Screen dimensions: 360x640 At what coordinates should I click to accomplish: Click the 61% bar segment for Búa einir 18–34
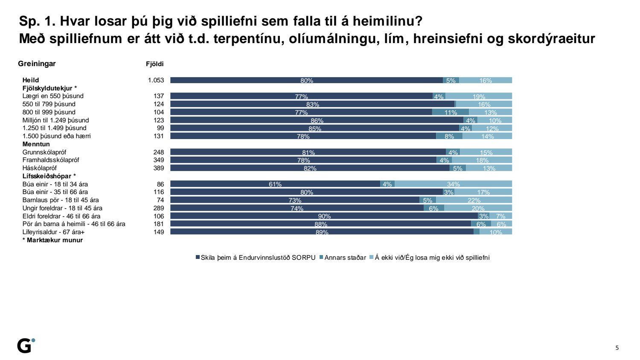pyautogui.click(x=275, y=184)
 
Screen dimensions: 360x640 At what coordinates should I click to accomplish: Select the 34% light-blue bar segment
pyautogui.click(x=453, y=184)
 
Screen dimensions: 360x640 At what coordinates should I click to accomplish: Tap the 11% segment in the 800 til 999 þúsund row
pyautogui.click(x=451, y=112)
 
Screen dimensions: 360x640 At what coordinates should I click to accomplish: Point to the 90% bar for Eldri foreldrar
pyautogui.click(x=324, y=216)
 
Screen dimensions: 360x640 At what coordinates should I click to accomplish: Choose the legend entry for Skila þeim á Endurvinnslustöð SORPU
pyautogui.click(x=256, y=258)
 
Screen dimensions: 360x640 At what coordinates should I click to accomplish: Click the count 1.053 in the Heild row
pyautogui.click(x=156, y=80)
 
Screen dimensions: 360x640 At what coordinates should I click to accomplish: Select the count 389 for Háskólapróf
pyautogui.click(x=158, y=168)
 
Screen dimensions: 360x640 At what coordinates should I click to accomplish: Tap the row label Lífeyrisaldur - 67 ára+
pyautogui.click(x=53, y=232)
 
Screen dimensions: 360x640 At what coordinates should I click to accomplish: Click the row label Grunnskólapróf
pyautogui.click(x=44, y=152)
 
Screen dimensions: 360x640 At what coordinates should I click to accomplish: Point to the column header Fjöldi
pyautogui.click(x=155, y=64)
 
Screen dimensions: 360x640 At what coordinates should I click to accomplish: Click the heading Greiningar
pyautogui.click(x=37, y=64)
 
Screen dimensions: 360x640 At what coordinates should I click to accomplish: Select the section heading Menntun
pyautogui.click(x=36, y=144)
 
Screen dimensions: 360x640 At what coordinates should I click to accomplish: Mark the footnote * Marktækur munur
pyautogui.click(x=52, y=240)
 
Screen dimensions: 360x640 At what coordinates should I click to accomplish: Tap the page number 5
pyautogui.click(x=617, y=348)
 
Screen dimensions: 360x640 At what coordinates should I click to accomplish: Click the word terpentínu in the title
pyautogui.click(x=248, y=39)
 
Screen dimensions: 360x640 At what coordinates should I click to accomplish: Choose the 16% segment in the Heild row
pyautogui.click(x=486, y=80)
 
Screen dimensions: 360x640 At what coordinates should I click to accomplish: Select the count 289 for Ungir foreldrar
pyautogui.click(x=158, y=208)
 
